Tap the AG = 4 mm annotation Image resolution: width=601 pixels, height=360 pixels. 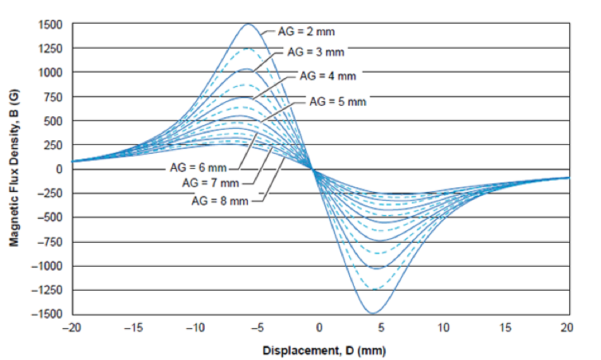pyautogui.click(x=327, y=77)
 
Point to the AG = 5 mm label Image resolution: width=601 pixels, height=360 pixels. pyautogui.click(x=338, y=101)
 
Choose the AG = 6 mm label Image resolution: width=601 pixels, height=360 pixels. pyautogui.click(x=198, y=168)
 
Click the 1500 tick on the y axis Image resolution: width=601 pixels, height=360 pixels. pyautogui.click(x=51, y=25)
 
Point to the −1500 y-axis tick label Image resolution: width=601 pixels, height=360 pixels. pyautogui.click(x=47, y=314)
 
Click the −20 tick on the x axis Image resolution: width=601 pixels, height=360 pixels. pyautogui.click(x=72, y=327)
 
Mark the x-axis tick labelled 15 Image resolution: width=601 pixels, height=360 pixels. pyautogui.click(x=505, y=327)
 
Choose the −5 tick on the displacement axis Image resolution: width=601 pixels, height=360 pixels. pyautogui.click(x=256, y=327)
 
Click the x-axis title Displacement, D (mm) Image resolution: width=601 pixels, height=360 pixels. pyautogui.click(x=319, y=349)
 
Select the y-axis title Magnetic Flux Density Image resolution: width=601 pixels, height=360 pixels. pyautogui.click(x=14, y=170)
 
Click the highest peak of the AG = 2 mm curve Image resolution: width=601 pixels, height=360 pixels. pyautogui.click(x=248, y=24)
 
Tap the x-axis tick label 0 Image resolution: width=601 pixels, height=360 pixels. pyautogui.click(x=319, y=327)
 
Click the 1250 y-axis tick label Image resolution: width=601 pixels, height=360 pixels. pyautogui.click(x=51, y=49)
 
